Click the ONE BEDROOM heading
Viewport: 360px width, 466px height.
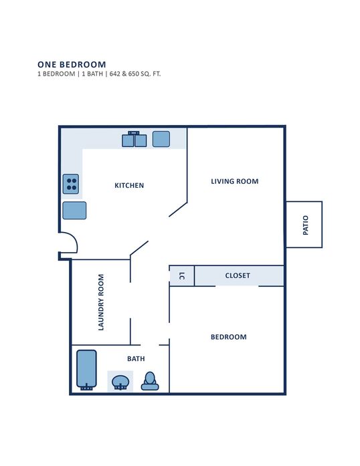72,64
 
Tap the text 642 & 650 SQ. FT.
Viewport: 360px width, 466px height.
135,74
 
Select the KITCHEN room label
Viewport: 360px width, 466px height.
129,185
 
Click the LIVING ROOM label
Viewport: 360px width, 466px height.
235,181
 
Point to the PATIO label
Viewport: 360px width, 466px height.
306,225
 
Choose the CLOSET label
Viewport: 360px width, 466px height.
238,275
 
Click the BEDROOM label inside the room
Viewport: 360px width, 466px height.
228,337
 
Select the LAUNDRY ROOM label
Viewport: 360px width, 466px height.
101,302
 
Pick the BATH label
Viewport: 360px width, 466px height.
136,359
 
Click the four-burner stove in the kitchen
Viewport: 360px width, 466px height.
71,184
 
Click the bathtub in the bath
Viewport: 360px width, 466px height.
86,370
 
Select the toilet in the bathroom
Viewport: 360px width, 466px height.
150,381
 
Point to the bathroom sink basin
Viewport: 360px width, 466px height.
120,382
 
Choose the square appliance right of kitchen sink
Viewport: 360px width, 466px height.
161,139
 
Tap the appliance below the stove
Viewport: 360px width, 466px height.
74,211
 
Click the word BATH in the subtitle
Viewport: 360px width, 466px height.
92,74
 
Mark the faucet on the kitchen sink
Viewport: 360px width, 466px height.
134,133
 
